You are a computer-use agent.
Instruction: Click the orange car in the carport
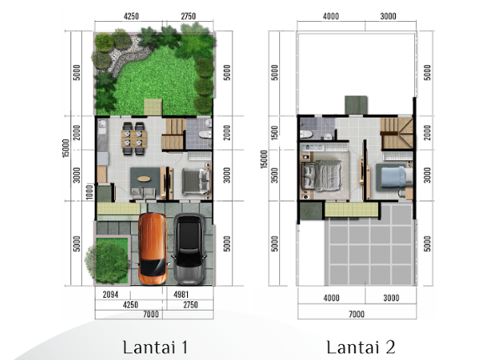click(153, 248)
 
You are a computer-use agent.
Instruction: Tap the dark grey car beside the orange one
click(189, 248)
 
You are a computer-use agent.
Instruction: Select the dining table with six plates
click(133, 138)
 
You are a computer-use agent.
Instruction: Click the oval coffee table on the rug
click(144, 179)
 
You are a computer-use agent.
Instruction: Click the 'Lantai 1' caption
click(155, 347)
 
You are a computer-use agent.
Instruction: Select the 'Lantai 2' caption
click(361, 347)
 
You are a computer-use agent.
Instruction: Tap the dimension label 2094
click(111, 295)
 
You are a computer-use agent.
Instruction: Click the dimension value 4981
click(181, 295)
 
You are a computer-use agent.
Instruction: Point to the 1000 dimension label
click(89, 192)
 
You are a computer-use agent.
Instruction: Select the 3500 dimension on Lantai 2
click(274, 175)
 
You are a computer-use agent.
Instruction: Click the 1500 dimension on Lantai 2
click(274, 133)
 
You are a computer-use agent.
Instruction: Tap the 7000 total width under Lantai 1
click(151, 314)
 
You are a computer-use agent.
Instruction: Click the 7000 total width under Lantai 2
click(356, 314)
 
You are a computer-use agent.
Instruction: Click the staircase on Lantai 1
click(174, 133)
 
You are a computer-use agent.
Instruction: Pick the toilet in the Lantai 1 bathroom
click(205, 134)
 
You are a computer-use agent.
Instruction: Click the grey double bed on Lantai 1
click(196, 181)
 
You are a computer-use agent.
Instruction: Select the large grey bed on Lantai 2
click(322, 175)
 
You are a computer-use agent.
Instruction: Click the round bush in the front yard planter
click(108, 261)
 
